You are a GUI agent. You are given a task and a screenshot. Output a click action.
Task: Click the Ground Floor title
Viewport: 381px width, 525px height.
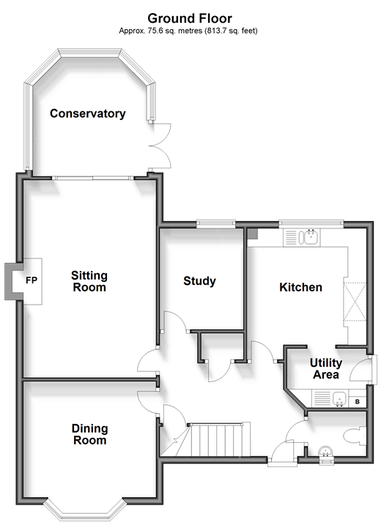tap(190, 18)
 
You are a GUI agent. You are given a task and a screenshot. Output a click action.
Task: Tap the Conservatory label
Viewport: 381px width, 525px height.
tap(88, 113)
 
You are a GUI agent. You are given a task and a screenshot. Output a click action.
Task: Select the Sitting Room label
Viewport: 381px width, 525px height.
tap(89, 281)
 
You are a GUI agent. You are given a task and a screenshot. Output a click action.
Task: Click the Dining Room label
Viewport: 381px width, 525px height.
tap(90, 434)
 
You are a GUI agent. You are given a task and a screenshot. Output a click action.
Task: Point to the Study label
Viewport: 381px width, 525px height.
tap(199, 280)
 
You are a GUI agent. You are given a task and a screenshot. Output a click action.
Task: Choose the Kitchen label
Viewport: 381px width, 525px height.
tap(300, 287)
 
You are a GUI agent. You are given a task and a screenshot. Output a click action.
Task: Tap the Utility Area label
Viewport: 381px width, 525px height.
tap(326, 368)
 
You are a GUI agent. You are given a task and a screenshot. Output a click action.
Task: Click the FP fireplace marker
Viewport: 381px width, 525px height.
tap(32, 280)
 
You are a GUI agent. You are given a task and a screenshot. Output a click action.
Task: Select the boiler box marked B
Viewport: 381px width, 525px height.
tap(358, 401)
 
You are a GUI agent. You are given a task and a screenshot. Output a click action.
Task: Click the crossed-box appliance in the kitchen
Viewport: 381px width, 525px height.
tap(355, 302)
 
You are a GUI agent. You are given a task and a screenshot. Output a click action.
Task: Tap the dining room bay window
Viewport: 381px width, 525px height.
tap(86, 510)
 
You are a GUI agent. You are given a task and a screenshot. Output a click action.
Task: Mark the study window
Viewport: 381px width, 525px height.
tap(216, 223)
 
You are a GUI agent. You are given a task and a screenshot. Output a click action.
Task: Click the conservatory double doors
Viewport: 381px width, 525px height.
tap(160, 145)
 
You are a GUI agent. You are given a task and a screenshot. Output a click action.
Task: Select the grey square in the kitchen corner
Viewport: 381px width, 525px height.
tap(252, 234)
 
